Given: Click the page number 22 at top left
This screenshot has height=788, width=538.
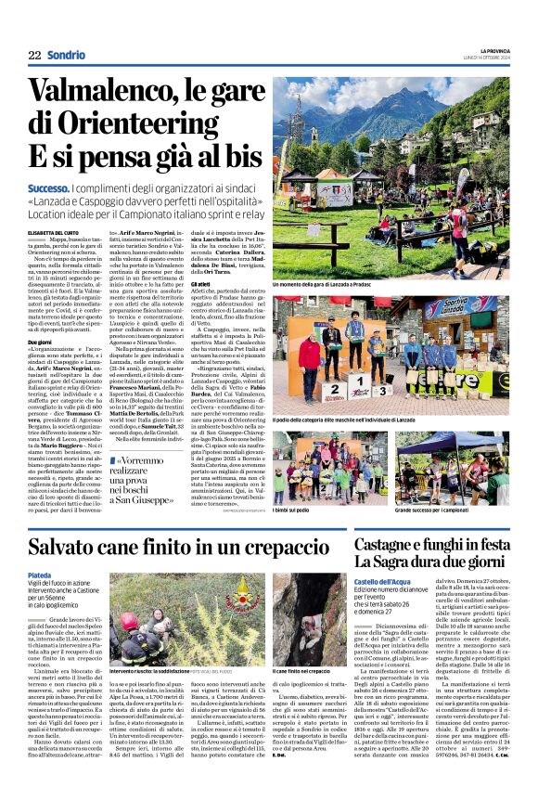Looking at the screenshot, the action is tap(34, 55).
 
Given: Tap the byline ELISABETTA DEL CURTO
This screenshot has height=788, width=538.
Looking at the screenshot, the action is tap(54, 233).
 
